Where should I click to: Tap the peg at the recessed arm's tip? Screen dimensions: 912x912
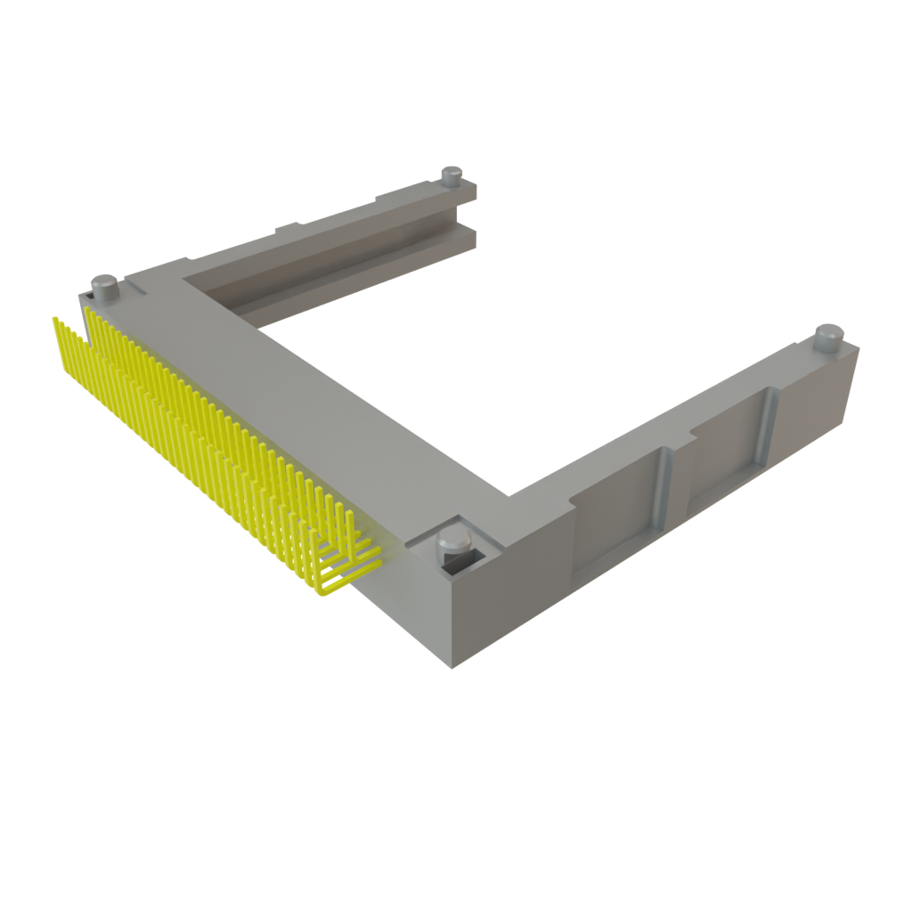828,337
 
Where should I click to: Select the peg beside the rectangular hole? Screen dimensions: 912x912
452,542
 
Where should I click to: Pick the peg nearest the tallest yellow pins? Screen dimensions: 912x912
106,286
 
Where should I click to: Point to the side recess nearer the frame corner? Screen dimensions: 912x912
615,525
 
